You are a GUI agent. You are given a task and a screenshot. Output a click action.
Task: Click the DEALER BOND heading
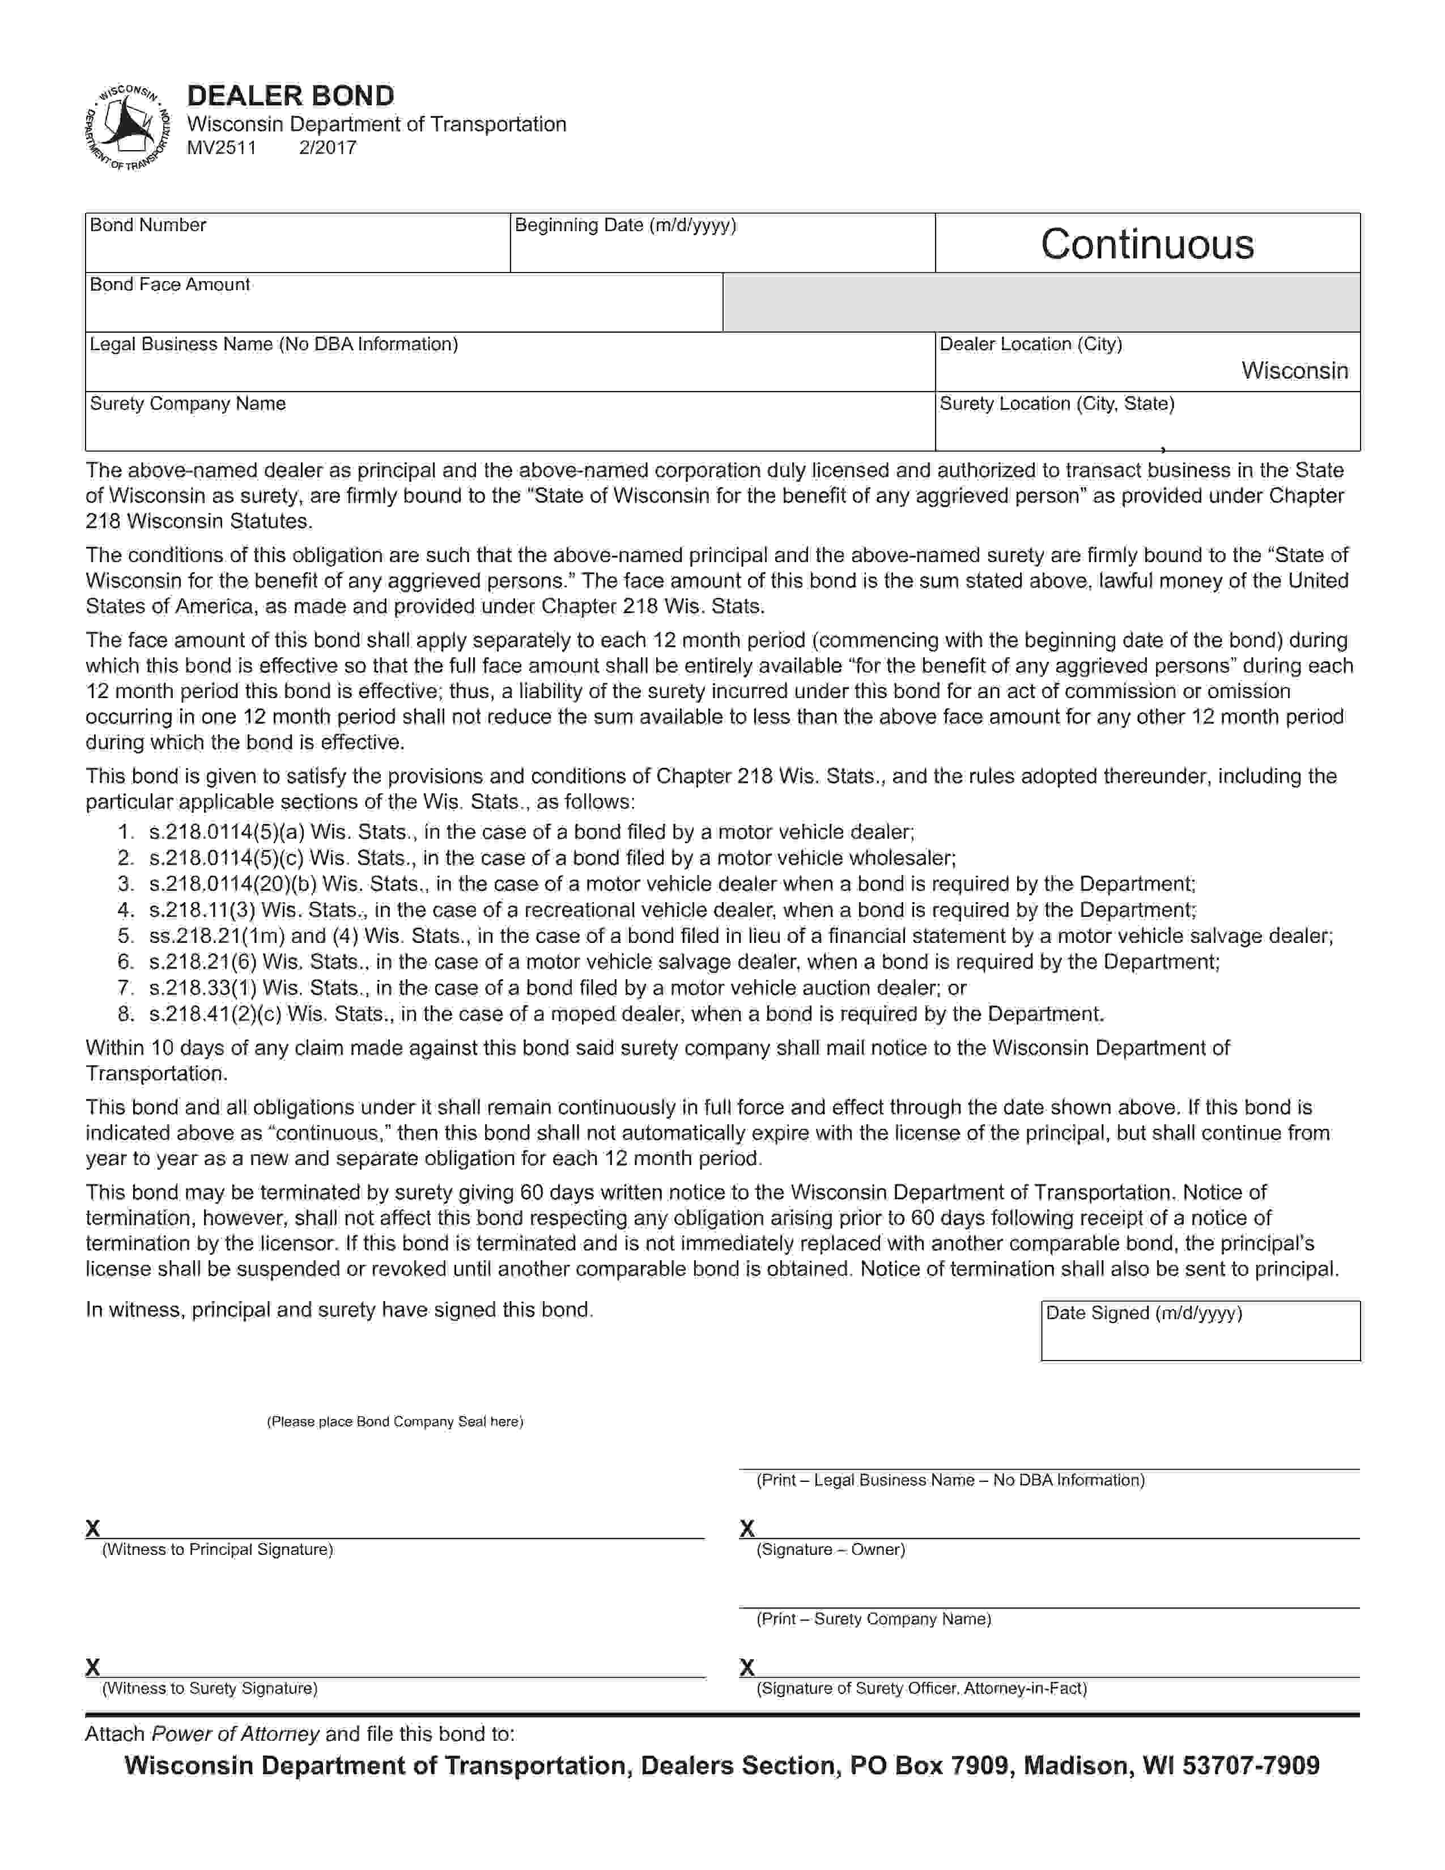[x=290, y=95]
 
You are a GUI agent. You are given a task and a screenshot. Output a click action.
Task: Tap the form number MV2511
[x=222, y=147]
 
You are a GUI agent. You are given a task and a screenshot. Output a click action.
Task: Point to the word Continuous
[x=1147, y=244]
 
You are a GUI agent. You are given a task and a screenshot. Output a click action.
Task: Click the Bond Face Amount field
[x=403, y=310]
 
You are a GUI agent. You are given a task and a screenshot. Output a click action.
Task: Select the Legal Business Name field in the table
[x=509, y=370]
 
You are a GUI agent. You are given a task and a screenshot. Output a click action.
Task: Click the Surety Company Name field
[x=509, y=429]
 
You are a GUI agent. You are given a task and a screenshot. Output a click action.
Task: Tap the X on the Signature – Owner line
[x=746, y=1528]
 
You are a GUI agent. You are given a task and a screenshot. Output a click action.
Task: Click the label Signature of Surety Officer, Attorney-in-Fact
[x=921, y=1689]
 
